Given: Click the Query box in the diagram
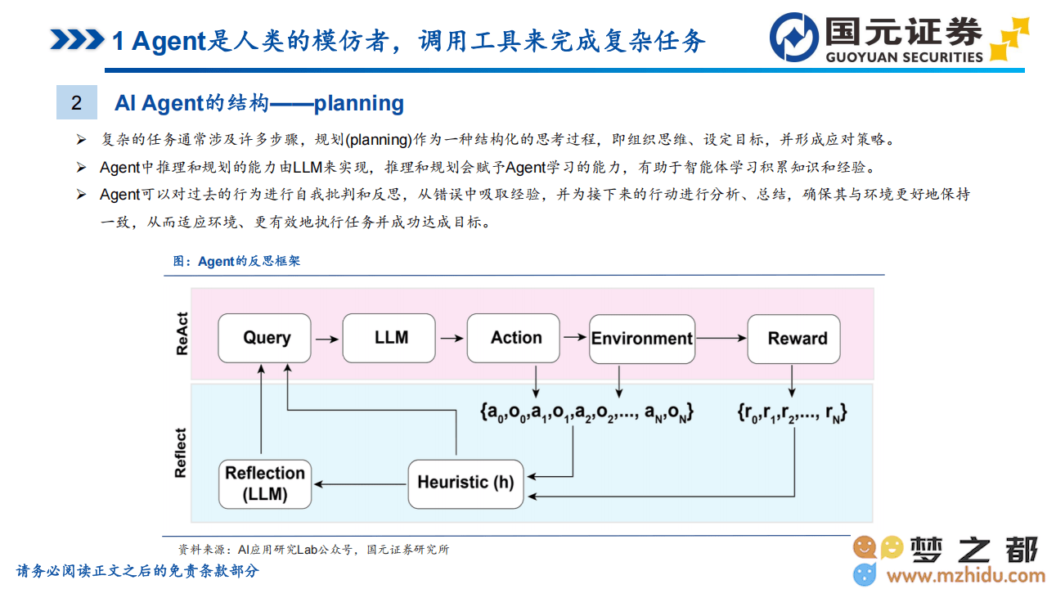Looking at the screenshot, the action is click(264, 338).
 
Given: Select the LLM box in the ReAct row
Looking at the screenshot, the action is click(389, 338).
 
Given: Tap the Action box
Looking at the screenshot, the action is click(513, 338).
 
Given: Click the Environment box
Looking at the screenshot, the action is click(642, 339).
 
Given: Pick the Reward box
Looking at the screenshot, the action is click(793, 339).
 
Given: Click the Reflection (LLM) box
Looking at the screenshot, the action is click(265, 483).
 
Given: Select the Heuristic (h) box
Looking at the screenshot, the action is click(465, 483).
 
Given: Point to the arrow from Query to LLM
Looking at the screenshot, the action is click(327, 339).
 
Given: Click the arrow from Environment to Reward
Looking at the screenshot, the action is click(721, 338).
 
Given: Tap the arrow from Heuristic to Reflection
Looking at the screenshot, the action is click(361, 483).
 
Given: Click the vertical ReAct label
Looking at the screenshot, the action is click(182, 334).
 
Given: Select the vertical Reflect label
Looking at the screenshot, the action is click(181, 452).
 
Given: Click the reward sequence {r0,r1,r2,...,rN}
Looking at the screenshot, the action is click(792, 413).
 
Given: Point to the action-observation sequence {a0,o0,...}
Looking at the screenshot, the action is click(587, 413).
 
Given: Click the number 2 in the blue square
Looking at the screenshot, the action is click(77, 103).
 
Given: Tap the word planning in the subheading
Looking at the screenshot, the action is click(358, 104).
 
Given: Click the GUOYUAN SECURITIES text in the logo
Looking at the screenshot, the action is click(904, 57).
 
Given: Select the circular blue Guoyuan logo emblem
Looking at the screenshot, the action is click(793, 38).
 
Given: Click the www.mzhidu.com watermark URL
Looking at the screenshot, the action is click(966, 576).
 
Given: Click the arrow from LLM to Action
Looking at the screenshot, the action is click(452, 338).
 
